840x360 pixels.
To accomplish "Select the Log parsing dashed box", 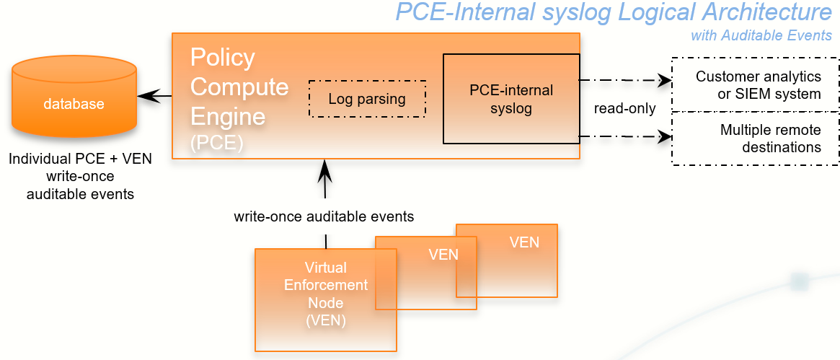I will click(x=367, y=99).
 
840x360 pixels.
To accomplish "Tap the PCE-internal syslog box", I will click(x=511, y=99).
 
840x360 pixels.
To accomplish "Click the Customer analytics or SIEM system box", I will click(x=755, y=85).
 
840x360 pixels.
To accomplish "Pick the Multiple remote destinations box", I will click(x=755, y=139).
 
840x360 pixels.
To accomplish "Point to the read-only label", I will click(x=624, y=109).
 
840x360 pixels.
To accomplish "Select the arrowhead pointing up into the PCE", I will click(x=325, y=170).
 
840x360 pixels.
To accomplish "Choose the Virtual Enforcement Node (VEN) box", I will click(x=326, y=299).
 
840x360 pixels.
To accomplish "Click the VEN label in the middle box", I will click(x=443, y=255).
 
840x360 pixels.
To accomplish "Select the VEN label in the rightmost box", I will click(x=524, y=242).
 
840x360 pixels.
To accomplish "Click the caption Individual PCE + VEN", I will click(x=80, y=158).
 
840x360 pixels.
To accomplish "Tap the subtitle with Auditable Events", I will click(x=761, y=35).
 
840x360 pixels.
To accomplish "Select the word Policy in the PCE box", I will click(x=222, y=57).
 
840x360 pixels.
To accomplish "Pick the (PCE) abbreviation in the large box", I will click(x=216, y=143).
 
